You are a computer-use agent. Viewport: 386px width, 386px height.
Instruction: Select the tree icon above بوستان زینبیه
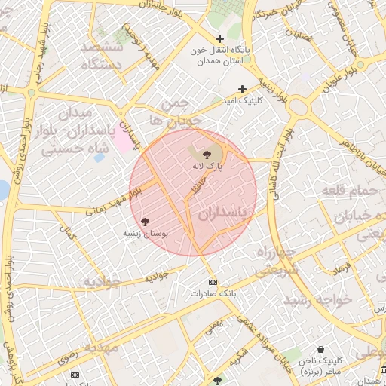click(x=145, y=222)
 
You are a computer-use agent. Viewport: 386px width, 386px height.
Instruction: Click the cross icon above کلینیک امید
click(x=242, y=89)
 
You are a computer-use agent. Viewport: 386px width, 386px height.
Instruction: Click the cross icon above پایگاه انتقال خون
click(x=219, y=38)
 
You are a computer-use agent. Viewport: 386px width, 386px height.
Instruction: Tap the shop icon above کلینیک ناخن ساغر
click(x=321, y=350)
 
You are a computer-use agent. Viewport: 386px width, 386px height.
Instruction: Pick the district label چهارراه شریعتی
click(x=277, y=259)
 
